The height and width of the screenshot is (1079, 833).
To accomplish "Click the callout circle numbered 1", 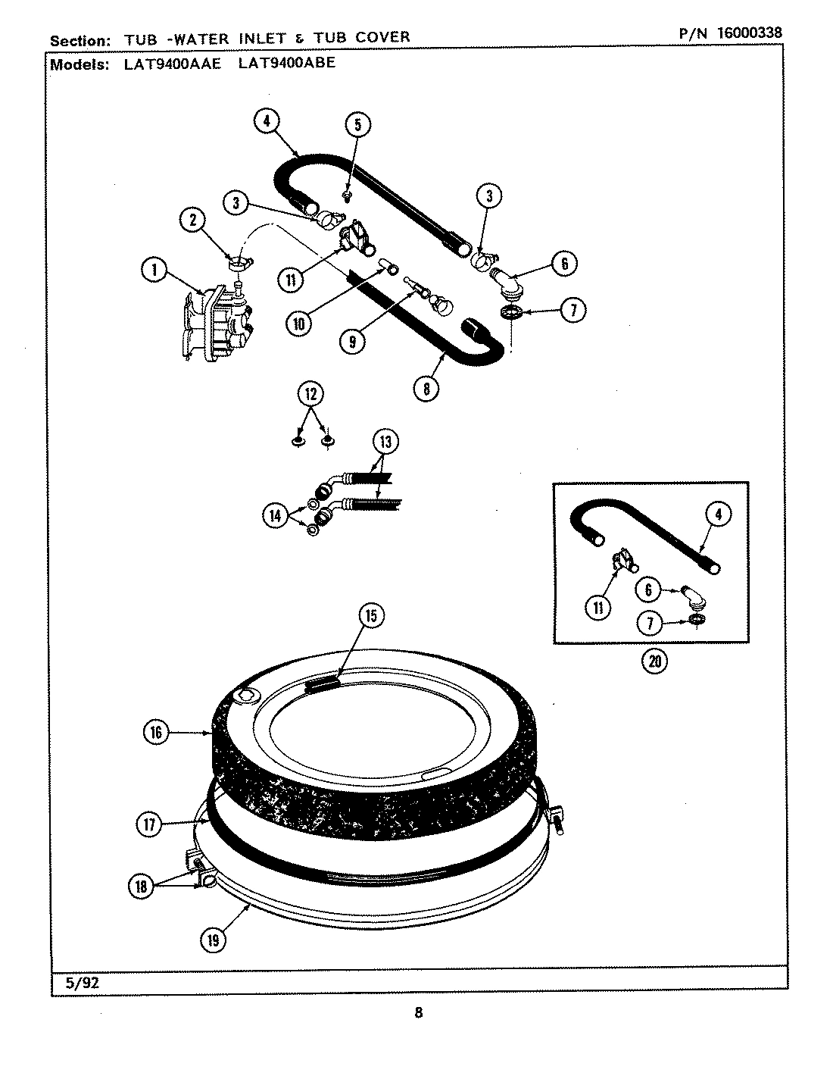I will pos(154,271).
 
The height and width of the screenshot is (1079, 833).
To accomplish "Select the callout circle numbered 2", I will pos(193,220).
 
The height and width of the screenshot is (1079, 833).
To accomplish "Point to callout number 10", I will pos(299,324).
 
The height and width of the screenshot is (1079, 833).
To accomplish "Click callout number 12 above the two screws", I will pos(311,394).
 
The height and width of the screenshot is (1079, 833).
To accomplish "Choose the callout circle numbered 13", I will pos(385,442).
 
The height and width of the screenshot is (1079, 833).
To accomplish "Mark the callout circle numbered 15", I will pos(370,616).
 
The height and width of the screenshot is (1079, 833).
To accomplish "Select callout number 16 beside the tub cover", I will pos(155,732).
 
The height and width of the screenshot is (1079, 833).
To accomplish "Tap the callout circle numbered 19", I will pos(213,940).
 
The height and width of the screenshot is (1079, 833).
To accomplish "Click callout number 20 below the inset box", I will pos(655,661).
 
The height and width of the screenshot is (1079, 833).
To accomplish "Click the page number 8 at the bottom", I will pos(418,1012).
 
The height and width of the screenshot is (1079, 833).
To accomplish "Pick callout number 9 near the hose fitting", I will pos(352,342).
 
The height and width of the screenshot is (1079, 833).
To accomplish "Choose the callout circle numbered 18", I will pos(142,886).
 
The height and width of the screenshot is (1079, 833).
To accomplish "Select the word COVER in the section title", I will pos(379,36).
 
